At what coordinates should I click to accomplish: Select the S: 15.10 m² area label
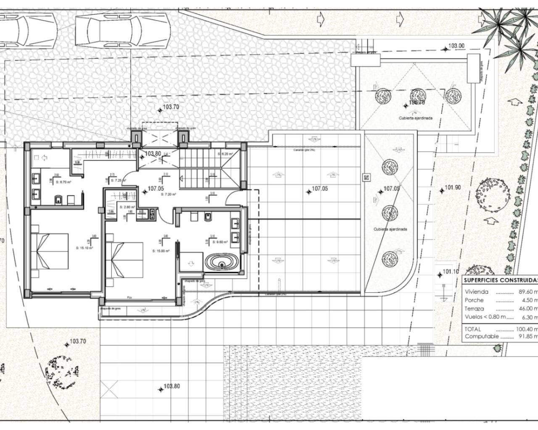(x=84, y=248)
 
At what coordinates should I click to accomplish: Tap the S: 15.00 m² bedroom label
(x=161, y=251)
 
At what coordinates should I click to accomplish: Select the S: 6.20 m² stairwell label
(x=225, y=154)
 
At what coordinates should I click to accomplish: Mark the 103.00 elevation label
(x=456, y=46)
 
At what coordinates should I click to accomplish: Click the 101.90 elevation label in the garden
(x=453, y=188)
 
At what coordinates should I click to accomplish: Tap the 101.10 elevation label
(x=451, y=272)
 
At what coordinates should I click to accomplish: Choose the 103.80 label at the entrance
(x=153, y=154)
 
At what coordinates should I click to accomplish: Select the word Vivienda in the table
(x=477, y=292)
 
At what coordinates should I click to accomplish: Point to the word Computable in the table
(x=482, y=336)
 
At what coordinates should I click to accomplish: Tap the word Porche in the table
(x=474, y=300)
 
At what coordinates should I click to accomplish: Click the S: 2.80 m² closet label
(x=127, y=207)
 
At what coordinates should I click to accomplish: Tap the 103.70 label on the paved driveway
(x=171, y=107)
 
